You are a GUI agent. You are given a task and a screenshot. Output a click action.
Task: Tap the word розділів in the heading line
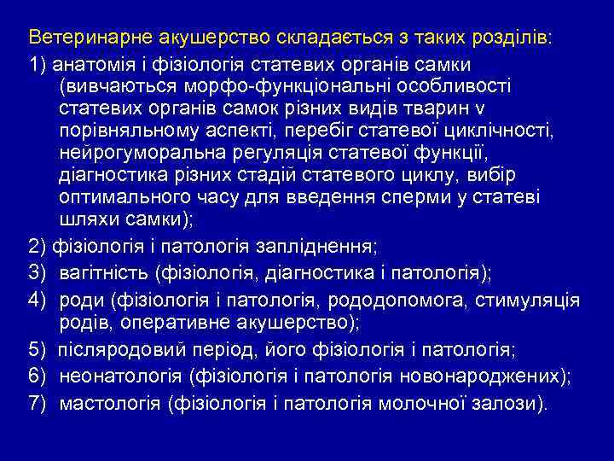(x=510, y=39)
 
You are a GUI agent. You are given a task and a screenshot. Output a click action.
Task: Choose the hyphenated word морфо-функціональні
(x=325, y=87)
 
